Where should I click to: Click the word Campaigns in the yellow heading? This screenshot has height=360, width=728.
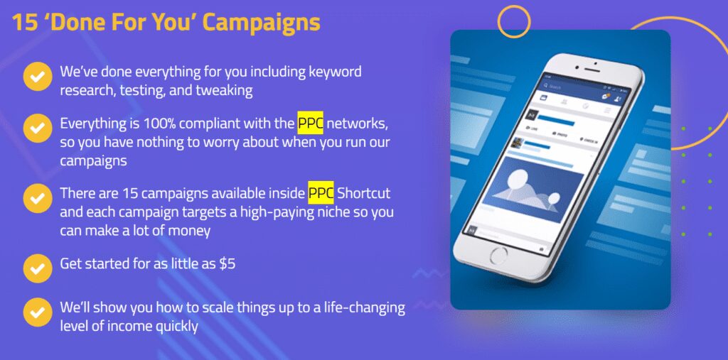pyautogui.click(x=262, y=23)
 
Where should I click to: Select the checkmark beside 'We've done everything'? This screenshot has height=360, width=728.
pyautogui.click(x=38, y=76)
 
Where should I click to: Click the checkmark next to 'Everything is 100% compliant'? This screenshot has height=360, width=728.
pyautogui.click(x=38, y=128)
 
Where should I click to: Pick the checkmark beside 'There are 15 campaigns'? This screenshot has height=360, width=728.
pyautogui.click(x=38, y=198)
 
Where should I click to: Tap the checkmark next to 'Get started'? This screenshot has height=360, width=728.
pyautogui.click(x=38, y=268)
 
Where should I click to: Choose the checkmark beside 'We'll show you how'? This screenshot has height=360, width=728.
pyautogui.click(x=38, y=312)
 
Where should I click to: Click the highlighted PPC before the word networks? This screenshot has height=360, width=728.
pyautogui.click(x=310, y=124)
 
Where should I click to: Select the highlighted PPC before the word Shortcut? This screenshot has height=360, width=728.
pyautogui.click(x=321, y=193)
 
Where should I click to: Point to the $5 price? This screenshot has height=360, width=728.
pyautogui.click(x=227, y=264)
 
